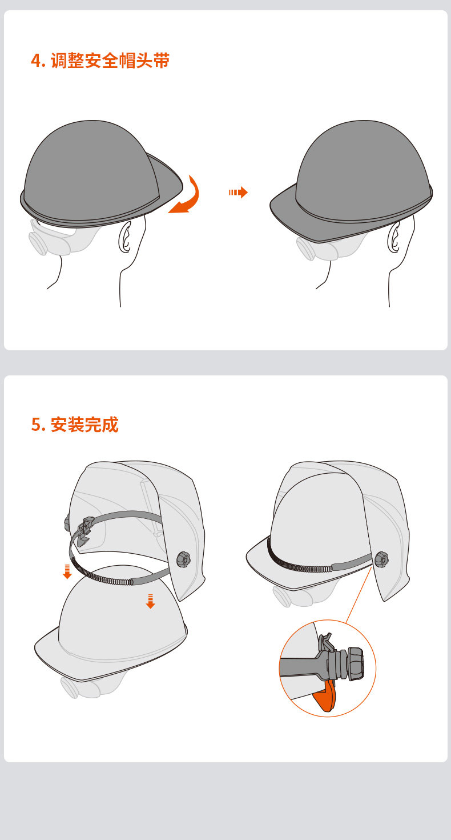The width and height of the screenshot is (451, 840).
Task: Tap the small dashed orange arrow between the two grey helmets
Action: (x=238, y=192)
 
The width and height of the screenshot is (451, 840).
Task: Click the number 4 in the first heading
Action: (x=35, y=61)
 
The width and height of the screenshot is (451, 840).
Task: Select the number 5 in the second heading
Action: (x=35, y=425)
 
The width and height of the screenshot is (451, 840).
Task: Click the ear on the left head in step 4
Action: (x=124, y=238)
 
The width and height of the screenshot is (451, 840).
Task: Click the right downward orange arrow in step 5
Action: (x=150, y=601)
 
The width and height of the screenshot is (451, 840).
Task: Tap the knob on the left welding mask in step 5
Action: (x=183, y=559)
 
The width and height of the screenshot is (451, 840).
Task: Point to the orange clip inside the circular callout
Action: (x=325, y=696)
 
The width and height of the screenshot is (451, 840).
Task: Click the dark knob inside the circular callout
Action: (x=355, y=664)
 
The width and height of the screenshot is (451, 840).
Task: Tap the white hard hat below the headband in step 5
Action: (x=114, y=634)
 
